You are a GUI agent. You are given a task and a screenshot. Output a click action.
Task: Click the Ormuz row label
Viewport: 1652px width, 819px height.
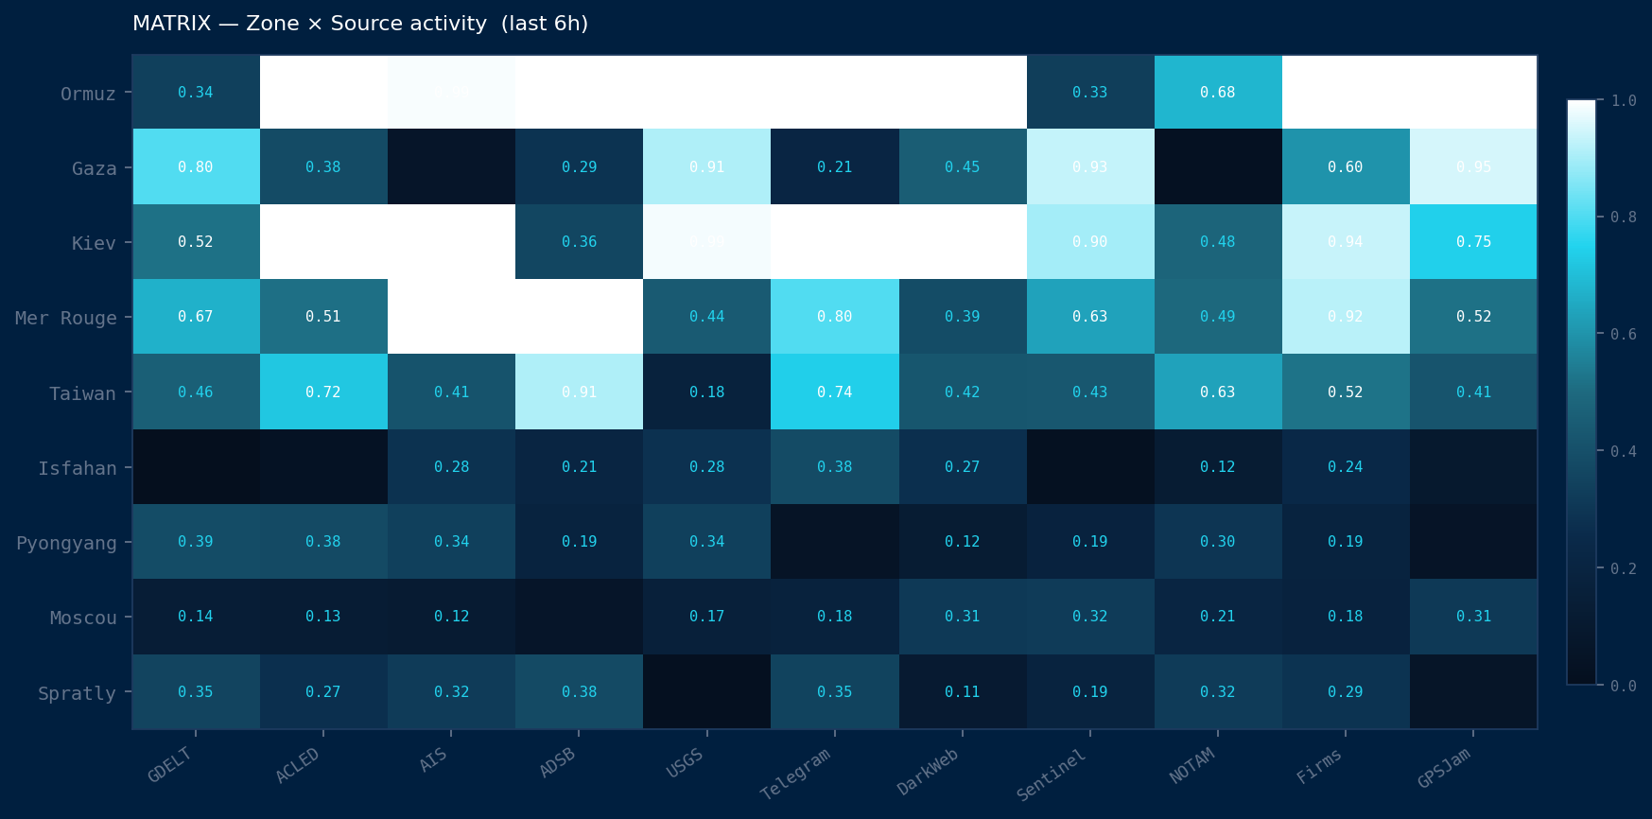point(88,94)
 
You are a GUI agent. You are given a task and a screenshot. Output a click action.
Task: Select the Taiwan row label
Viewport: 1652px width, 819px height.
point(82,393)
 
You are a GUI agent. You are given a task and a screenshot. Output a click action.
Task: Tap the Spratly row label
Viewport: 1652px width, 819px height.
point(77,693)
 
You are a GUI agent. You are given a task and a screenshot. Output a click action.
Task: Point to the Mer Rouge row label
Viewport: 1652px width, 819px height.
point(66,318)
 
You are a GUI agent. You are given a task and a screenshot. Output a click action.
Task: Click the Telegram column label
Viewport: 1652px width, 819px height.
point(795,774)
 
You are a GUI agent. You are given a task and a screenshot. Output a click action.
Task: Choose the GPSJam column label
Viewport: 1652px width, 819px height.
point(1444,768)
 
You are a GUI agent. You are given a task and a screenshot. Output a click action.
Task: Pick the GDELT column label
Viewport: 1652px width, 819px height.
point(170,765)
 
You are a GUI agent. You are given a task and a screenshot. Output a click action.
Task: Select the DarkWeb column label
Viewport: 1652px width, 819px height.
point(928,772)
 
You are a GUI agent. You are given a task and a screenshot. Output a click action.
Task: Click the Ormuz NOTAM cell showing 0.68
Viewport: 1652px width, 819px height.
point(1218,92)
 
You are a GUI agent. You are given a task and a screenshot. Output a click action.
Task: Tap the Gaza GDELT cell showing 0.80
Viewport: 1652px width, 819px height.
point(196,166)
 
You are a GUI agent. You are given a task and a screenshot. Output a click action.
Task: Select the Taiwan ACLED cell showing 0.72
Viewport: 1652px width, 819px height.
point(323,392)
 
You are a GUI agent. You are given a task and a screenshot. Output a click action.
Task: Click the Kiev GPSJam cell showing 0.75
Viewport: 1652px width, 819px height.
point(1473,241)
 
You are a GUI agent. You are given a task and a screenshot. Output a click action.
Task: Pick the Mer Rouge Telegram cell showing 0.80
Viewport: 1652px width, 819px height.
point(835,316)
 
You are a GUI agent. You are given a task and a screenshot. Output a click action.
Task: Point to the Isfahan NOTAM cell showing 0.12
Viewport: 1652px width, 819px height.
point(1218,466)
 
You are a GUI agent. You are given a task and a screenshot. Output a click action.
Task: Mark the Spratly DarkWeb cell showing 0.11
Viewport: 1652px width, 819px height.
point(963,691)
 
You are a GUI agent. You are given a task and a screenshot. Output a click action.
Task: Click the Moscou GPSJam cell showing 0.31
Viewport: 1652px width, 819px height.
point(1473,616)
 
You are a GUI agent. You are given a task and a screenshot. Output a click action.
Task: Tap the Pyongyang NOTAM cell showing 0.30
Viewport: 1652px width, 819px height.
point(1218,541)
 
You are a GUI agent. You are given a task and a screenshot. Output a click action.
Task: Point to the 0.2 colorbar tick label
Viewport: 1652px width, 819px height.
point(1624,568)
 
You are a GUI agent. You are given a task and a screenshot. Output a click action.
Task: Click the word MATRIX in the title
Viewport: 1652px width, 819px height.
point(171,24)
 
